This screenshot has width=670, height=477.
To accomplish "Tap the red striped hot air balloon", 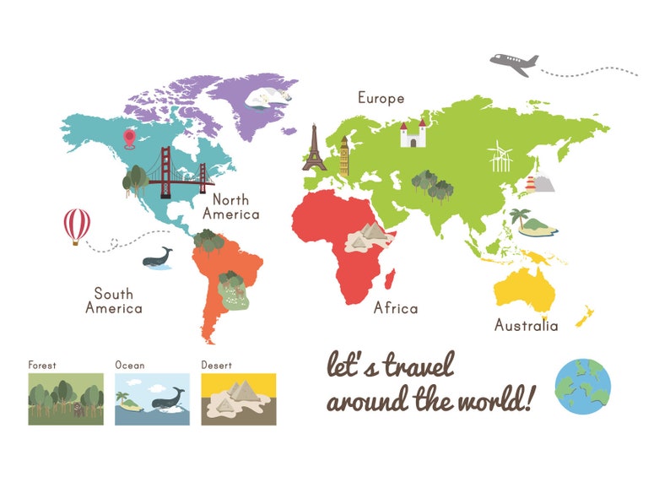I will (x=77, y=225).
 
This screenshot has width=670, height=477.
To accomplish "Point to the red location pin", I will (x=130, y=138).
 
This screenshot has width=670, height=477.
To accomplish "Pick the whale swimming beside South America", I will (x=157, y=257).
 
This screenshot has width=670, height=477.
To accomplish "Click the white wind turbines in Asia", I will (x=500, y=157).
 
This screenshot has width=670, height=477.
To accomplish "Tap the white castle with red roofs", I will (x=413, y=133).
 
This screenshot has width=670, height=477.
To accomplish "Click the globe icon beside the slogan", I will (x=582, y=387).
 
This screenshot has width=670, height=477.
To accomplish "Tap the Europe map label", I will (x=381, y=98).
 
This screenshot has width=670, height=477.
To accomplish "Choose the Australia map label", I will (x=526, y=325).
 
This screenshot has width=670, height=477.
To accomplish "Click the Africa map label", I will (x=396, y=308).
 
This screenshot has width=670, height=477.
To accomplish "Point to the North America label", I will (x=236, y=207).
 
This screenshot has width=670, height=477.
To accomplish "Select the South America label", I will (x=114, y=301).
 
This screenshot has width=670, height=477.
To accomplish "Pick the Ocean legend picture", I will (x=153, y=398).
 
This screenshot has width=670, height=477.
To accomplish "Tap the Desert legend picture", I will (x=238, y=398).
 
